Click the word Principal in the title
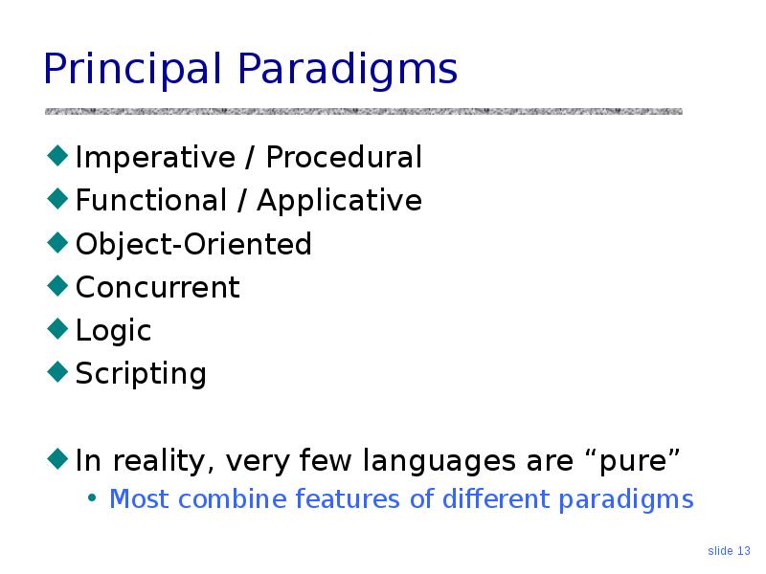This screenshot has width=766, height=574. [x=132, y=69]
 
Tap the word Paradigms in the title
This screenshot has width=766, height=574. [x=348, y=69]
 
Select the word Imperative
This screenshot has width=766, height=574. [x=155, y=157]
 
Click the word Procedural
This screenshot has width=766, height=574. [x=344, y=157]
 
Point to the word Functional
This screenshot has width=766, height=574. [x=151, y=200]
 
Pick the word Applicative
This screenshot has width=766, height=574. [x=339, y=201]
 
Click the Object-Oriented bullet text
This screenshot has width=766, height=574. [x=193, y=244]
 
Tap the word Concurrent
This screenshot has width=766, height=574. [x=158, y=287]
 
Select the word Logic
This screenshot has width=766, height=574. [x=113, y=331]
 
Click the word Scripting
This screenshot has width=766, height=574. [x=141, y=374]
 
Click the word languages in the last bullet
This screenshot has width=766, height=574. [x=439, y=461]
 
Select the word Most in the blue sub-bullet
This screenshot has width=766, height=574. [x=139, y=499]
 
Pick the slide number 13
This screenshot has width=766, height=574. [x=744, y=551]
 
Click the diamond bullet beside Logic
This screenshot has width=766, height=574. [x=57, y=328]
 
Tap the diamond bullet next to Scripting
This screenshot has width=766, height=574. [x=57, y=371]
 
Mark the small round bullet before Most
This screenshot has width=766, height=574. [x=91, y=498]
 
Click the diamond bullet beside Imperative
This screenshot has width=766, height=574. [x=57, y=155]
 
